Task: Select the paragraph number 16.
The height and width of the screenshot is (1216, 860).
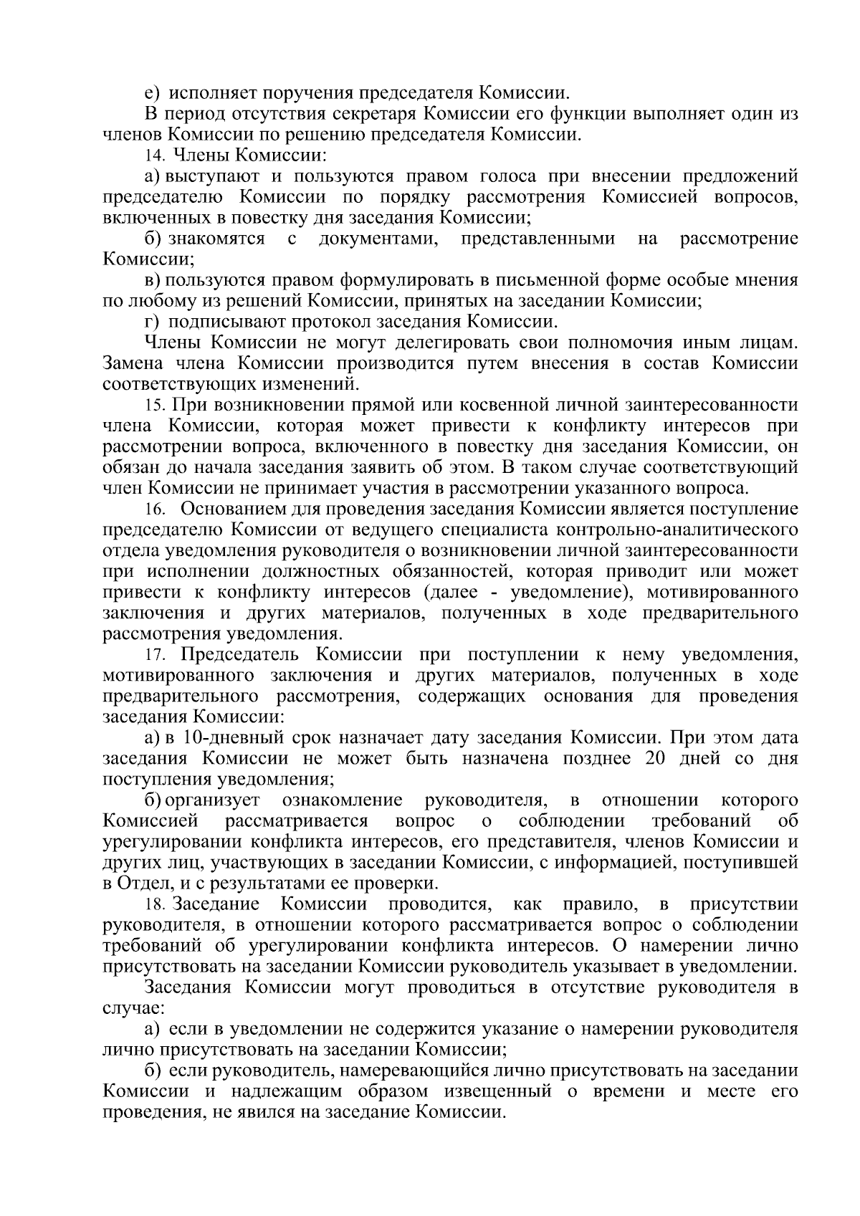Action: [x=156, y=510]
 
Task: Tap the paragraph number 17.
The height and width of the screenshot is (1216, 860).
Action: [x=156, y=656]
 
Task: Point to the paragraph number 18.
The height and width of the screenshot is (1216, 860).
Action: [x=156, y=905]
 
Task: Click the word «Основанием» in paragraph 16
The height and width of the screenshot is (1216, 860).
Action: [x=232, y=509]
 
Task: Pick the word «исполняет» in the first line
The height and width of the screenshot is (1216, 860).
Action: [x=207, y=93]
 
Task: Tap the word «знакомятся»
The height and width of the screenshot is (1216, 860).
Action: [x=216, y=239]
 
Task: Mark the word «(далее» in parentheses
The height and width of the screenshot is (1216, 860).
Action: [x=449, y=593]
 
